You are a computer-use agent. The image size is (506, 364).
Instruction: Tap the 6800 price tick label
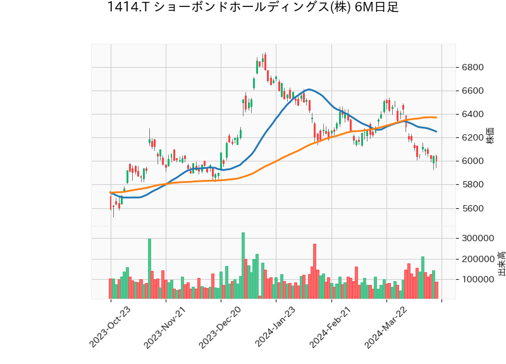tap(472, 68)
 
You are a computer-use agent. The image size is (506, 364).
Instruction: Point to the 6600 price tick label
tap(472, 91)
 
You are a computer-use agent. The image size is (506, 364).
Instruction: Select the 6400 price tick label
tap(472, 115)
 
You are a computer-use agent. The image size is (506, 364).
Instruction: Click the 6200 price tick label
tap(472, 138)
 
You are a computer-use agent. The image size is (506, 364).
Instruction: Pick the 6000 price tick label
tap(472, 161)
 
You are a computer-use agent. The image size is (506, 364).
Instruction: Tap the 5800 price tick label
tap(472, 185)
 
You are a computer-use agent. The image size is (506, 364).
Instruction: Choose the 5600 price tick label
tap(472, 208)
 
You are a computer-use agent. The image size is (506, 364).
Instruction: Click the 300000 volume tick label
tap(478, 239)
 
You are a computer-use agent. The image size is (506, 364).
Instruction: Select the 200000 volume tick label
tap(478, 259)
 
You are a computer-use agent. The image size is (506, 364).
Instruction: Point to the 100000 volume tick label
tap(478, 279)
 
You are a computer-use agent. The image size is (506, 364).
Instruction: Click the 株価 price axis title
tap(490, 135)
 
